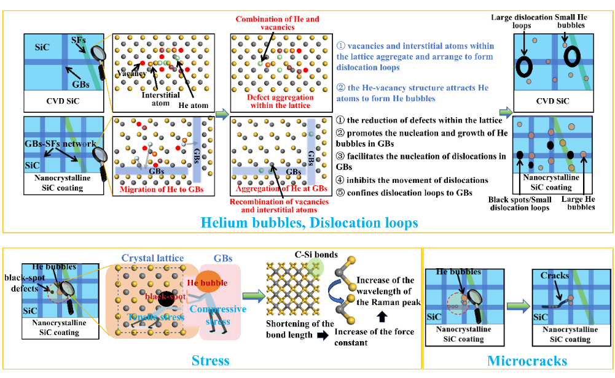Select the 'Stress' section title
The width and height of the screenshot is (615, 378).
[211, 360]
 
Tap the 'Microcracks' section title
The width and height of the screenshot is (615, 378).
[519, 360]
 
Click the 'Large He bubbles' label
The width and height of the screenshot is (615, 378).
[582, 203]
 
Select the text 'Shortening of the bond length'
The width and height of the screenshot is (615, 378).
[300, 328]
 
